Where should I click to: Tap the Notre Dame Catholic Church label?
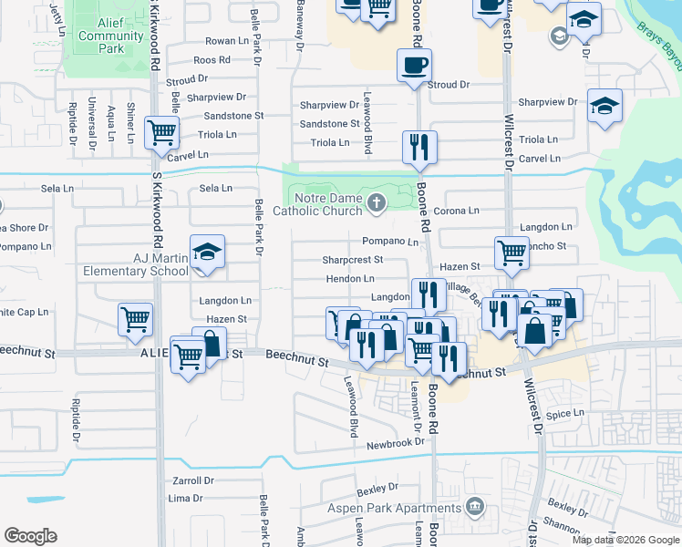330,204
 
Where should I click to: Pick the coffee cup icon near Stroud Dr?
414,65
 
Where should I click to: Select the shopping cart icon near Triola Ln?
162,132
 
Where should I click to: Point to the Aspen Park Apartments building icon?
474,505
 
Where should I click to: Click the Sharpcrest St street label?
353,260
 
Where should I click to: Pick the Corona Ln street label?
457,211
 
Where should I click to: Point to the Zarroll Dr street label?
192,480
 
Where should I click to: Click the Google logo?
31,536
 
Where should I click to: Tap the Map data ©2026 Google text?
625,540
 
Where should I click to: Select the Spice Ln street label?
564,414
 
